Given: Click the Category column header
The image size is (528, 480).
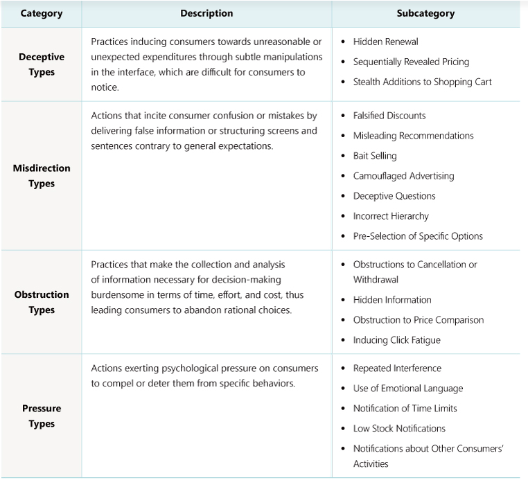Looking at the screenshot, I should click(x=41, y=13).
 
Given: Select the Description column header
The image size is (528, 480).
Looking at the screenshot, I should click(x=206, y=13).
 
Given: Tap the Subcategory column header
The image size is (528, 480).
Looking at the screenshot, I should click(x=425, y=13).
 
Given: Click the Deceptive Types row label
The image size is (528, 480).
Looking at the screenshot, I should click(x=42, y=64).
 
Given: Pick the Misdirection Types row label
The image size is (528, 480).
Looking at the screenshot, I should click(x=42, y=176).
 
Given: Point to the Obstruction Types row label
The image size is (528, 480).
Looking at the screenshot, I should click(x=42, y=302).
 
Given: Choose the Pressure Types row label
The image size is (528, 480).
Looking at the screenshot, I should click(x=42, y=416).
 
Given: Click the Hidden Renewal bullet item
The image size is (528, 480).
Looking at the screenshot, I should click(x=385, y=42).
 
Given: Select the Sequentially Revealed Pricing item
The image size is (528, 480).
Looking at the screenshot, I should click(x=411, y=62).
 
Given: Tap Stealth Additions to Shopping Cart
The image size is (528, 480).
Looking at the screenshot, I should click(x=422, y=82).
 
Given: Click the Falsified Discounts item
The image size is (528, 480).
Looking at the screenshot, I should click(x=389, y=116).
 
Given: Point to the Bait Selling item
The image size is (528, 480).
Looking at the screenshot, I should click(x=375, y=156).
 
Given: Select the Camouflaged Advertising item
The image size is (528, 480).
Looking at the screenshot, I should click(x=403, y=176).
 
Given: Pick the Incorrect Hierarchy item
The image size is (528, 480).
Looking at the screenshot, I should click(x=391, y=216).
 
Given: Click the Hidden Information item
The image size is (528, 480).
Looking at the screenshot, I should click(x=392, y=300).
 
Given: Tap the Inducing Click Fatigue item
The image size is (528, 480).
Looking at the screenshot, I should click(x=396, y=340).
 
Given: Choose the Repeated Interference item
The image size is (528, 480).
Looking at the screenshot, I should click(x=397, y=368).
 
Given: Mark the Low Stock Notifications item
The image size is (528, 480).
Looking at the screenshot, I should click(x=399, y=429).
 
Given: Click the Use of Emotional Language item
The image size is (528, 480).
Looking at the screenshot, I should click(x=407, y=389).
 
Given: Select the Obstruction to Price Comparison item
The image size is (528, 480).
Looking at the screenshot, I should click(x=418, y=320).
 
